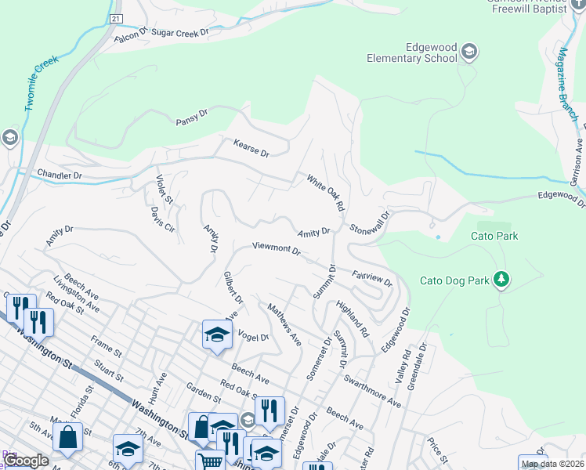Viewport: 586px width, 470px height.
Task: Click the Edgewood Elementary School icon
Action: point(468,52)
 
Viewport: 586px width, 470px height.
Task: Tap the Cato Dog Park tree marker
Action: point(502,279)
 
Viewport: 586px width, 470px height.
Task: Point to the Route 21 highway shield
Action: point(116,17)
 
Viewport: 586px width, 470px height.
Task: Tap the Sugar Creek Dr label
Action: point(180,33)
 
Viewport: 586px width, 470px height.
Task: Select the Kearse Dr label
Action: point(251,147)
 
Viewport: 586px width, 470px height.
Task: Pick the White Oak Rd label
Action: point(326,193)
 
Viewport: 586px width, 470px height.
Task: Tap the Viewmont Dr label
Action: point(277,249)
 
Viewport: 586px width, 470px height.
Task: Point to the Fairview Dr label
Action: point(371,277)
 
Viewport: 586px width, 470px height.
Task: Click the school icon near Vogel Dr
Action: point(217,334)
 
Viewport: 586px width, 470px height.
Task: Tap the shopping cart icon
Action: point(210,462)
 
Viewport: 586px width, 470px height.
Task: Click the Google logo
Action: point(26,461)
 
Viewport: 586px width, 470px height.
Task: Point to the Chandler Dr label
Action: point(60,175)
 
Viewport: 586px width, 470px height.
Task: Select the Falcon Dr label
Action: point(131,36)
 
